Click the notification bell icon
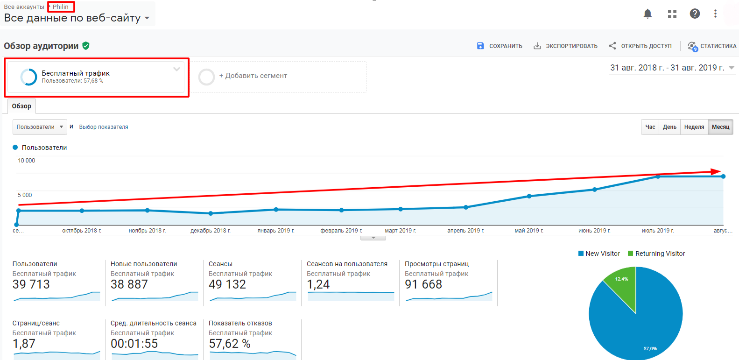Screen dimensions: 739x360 (648, 14)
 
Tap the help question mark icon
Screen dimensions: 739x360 (695, 14)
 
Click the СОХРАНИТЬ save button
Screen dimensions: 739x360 (500, 46)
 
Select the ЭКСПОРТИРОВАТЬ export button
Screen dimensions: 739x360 (565, 46)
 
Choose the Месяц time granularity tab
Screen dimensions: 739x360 (720, 127)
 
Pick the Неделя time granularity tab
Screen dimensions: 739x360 (694, 127)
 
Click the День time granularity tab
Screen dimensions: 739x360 (670, 127)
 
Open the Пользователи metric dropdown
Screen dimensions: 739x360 (40, 127)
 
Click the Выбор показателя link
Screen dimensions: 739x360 (104, 127)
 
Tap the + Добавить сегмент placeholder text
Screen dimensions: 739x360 (253, 76)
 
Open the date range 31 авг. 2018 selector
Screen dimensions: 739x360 (672, 68)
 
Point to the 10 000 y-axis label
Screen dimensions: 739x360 (27, 160)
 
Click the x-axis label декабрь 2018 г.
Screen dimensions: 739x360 (211, 231)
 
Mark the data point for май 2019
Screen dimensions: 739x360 (529, 196)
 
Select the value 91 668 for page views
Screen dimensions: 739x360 (423, 284)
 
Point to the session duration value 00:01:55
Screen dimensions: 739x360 (134, 344)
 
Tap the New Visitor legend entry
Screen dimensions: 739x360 (599, 254)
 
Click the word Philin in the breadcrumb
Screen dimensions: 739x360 (61, 7)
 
